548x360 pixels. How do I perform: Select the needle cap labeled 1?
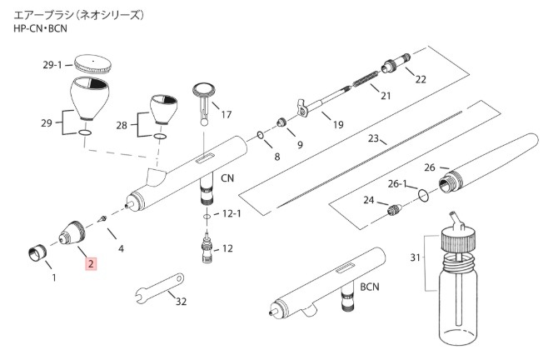[36, 251]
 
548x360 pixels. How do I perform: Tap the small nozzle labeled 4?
[102, 219]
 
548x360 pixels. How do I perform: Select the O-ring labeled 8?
[261, 135]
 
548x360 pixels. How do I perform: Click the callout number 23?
[373, 138]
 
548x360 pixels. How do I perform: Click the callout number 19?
[337, 125]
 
